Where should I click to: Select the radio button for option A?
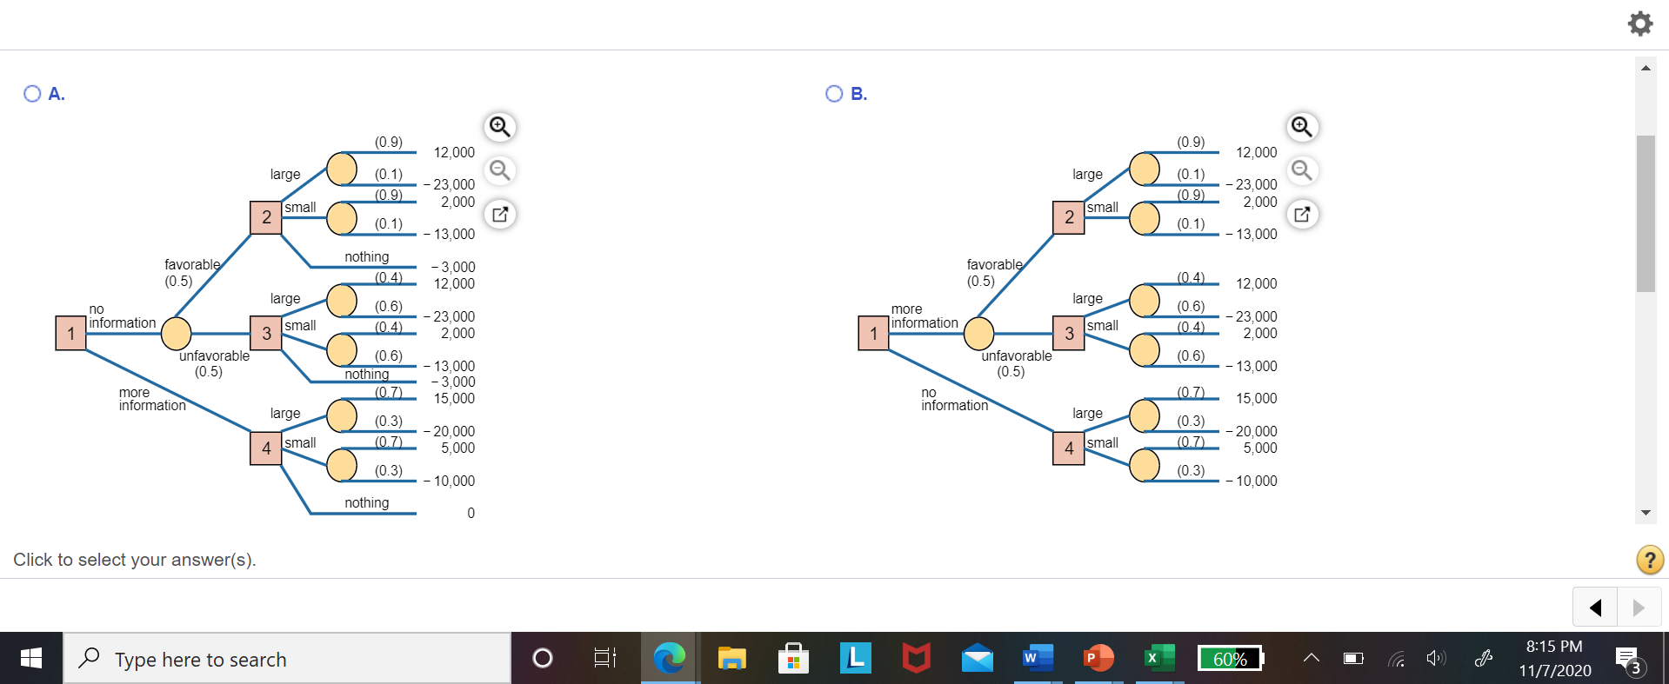pos(32,94)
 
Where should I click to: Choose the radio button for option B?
pos(834,94)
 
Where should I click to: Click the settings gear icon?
pos(1639,23)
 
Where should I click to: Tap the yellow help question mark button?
pos(1650,560)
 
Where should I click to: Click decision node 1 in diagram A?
pos(71,333)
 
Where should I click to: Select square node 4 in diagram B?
pos(1069,448)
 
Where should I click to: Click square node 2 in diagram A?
pos(266,217)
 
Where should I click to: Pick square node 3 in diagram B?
pos(1069,334)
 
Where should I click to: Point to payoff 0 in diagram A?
pos(471,513)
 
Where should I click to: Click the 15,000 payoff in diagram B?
pos(1257,398)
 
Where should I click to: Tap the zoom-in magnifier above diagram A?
pos(500,127)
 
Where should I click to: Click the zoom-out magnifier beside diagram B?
pos(1302,170)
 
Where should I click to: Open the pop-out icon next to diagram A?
pos(500,214)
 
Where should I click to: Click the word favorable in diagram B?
pos(995,264)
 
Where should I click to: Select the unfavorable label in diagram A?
pos(214,355)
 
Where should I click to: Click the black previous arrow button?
pos(1595,608)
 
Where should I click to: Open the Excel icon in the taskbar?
pos(1158,658)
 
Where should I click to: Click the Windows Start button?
pos(31,658)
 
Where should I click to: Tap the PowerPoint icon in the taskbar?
pos(1098,658)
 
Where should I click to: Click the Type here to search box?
pos(287,659)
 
